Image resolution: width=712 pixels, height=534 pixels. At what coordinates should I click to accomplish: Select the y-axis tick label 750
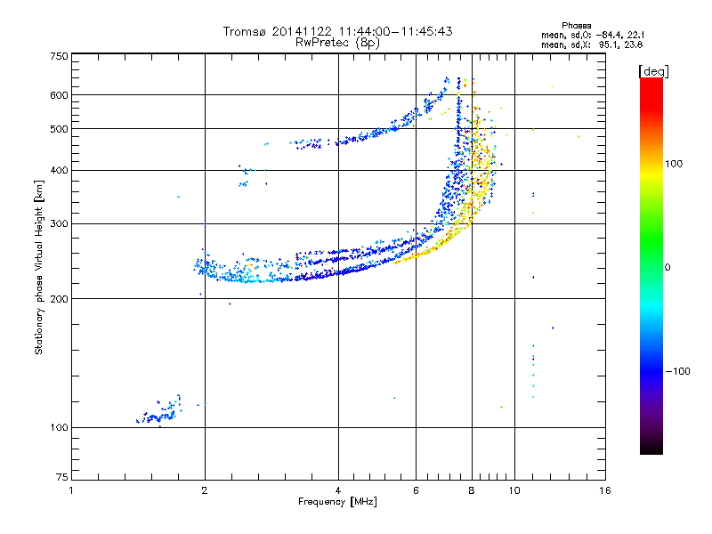[59, 55]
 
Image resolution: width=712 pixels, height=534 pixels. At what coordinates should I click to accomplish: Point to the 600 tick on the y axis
[59, 94]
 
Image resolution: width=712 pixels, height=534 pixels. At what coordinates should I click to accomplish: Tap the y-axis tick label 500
[59, 128]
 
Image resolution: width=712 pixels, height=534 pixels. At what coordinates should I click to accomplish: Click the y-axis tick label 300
[59, 223]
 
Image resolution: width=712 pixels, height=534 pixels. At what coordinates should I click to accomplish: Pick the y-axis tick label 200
[59, 298]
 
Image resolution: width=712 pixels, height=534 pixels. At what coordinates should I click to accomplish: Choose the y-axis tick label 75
[61, 481]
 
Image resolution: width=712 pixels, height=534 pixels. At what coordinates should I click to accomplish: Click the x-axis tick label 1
[71, 490]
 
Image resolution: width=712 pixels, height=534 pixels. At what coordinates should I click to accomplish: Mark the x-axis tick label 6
[416, 490]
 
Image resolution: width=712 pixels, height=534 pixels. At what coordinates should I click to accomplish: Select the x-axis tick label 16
[605, 490]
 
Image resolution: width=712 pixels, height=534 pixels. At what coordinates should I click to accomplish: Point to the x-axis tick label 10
[514, 490]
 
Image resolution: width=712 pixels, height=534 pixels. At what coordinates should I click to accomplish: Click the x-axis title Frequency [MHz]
[337, 502]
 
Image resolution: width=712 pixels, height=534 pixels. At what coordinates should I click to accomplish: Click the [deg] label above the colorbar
[653, 70]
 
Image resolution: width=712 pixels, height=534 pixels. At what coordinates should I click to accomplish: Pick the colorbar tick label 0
[670, 267]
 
